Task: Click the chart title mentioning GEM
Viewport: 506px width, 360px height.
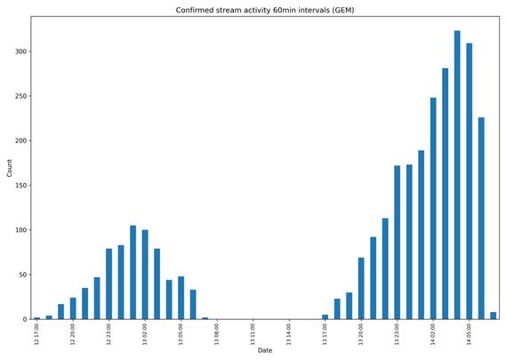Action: pyautogui.click(x=265, y=10)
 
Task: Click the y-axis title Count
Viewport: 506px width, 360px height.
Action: pyautogui.click(x=10, y=168)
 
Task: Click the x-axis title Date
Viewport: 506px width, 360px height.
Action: pyautogui.click(x=265, y=350)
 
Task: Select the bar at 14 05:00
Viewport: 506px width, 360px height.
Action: pyautogui.click(x=470, y=181)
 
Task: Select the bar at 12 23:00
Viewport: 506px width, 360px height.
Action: pyautogui.click(x=109, y=284)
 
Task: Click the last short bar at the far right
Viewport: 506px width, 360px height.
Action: pyautogui.click(x=494, y=316)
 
